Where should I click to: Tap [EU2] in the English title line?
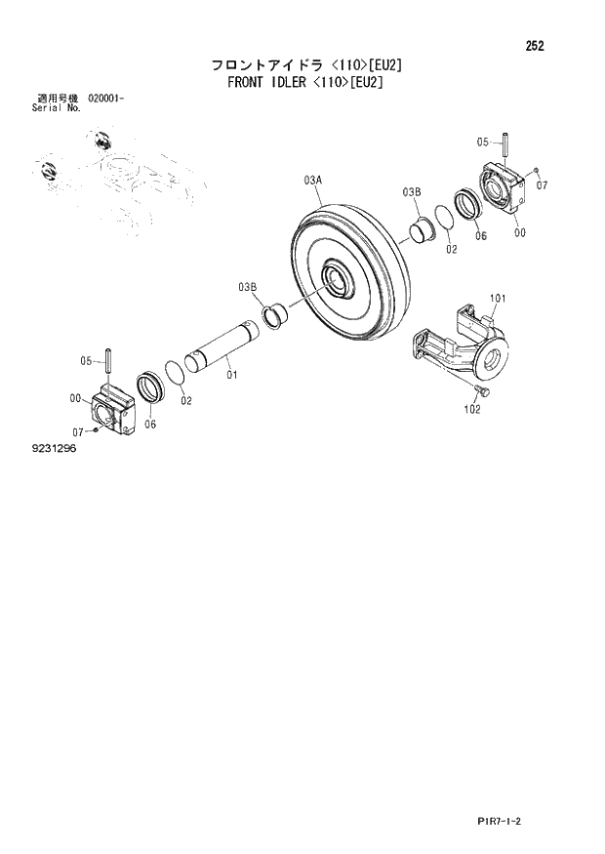(x=367, y=83)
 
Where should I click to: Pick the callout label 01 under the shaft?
(x=231, y=374)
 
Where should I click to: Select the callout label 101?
(x=496, y=298)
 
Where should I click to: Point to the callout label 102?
(x=472, y=409)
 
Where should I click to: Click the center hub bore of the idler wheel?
(x=338, y=279)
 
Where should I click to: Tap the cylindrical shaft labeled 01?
(x=225, y=345)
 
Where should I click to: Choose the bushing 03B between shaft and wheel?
(x=274, y=316)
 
